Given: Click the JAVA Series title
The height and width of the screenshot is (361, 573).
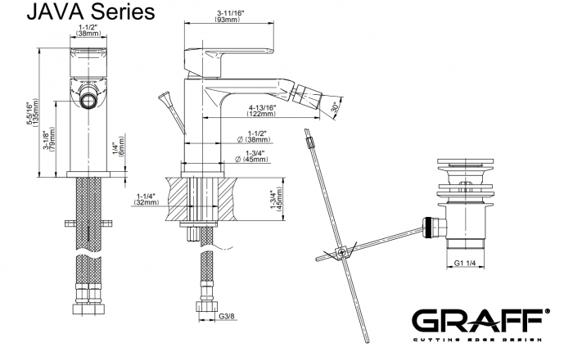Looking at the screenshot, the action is pyautogui.click(x=91, y=11).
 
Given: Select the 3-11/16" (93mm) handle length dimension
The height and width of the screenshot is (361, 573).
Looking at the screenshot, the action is pyautogui.click(x=229, y=16).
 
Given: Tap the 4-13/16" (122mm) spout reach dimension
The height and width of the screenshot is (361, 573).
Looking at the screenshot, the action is pyautogui.click(x=262, y=111).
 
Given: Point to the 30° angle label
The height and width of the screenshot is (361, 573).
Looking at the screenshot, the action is pyautogui.click(x=335, y=107).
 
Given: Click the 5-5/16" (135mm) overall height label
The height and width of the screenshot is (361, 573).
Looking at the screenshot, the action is pyautogui.click(x=32, y=113).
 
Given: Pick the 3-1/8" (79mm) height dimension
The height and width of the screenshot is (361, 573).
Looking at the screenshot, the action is pyautogui.click(x=49, y=140).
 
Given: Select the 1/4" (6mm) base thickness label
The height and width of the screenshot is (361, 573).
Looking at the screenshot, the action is pyautogui.click(x=119, y=145).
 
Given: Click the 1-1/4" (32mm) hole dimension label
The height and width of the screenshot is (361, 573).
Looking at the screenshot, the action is pyautogui.click(x=147, y=199).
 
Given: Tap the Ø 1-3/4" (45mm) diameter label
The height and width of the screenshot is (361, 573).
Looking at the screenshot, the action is pyautogui.click(x=252, y=156).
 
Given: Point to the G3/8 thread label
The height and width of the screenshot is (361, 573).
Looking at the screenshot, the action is pyautogui.click(x=227, y=317).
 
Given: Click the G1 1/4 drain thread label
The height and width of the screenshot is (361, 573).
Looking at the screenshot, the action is pyautogui.click(x=465, y=263).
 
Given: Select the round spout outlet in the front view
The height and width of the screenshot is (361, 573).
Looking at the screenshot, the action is pyautogui.click(x=88, y=100).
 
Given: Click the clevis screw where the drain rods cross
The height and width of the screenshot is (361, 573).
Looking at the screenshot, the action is pyautogui.click(x=342, y=252).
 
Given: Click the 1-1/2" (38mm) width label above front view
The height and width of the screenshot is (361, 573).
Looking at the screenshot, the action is pyautogui.click(x=88, y=30).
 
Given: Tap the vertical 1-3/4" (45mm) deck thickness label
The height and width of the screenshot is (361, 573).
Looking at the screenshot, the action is pyautogui.click(x=277, y=199).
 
